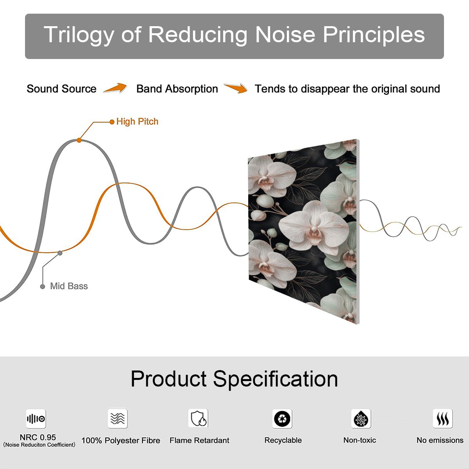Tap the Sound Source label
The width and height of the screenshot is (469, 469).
tap(62, 89)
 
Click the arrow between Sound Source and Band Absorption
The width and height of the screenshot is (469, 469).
tap(115, 88)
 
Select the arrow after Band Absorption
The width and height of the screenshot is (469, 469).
tap(236, 88)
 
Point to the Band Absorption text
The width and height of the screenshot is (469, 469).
tap(177, 89)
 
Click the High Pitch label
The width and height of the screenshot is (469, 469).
tap(137, 122)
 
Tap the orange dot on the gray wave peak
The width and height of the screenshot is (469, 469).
tap(79, 140)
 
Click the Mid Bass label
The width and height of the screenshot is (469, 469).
tap(69, 286)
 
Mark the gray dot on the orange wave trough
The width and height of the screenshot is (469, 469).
tap(60, 253)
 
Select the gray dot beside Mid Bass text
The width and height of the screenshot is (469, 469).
tap(43, 286)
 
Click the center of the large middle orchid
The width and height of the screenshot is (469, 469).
tap(314, 229)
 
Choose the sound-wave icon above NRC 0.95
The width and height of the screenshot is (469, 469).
tap(36, 419)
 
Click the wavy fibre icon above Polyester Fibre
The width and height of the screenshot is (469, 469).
tap(118, 418)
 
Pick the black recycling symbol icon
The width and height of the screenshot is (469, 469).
tap(282, 419)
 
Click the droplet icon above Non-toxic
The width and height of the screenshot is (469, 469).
tap(361, 419)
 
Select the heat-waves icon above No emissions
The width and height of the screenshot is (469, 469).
tap(443, 419)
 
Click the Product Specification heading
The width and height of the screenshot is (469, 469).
tap(234, 379)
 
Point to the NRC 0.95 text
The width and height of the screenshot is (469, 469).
tap(38, 437)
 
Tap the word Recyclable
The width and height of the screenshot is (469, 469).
tap(283, 440)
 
